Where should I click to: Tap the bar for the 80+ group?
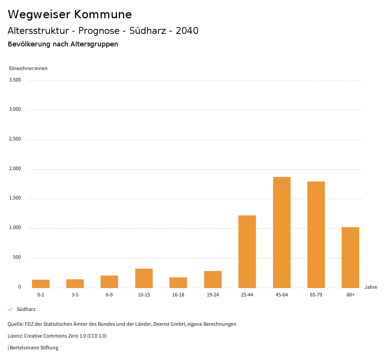(350, 257)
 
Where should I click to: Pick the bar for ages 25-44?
(247, 252)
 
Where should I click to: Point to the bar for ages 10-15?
(144, 278)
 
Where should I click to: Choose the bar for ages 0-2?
(41, 284)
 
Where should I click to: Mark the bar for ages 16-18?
(178, 282)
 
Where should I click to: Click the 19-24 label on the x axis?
(213, 295)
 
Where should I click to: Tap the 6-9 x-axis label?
(109, 295)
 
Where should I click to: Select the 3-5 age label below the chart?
(75, 295)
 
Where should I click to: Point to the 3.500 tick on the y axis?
(15, 80)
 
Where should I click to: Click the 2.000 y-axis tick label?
(15, 169)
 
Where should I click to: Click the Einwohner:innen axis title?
(28, 68)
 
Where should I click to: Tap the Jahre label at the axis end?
(371, 287)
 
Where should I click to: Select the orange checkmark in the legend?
(10, 309)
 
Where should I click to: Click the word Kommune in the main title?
(103, 14)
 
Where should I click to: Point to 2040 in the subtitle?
(187, 31)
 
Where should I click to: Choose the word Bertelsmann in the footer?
(24, 348)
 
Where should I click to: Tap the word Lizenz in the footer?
(15, 336)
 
